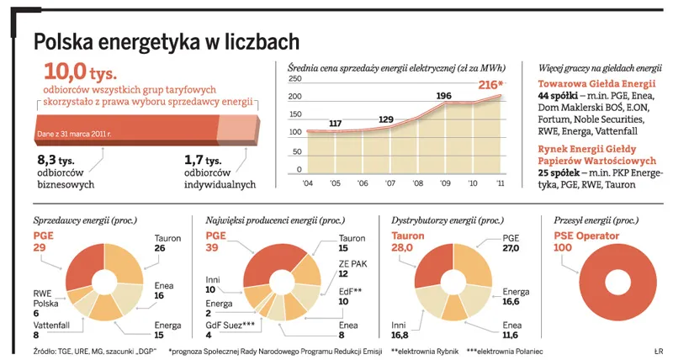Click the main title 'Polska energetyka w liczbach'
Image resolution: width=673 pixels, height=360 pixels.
tap(166, 41)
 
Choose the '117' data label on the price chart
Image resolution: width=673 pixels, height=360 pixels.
tap(335, 124)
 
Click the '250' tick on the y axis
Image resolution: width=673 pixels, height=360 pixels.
tap(295, 79)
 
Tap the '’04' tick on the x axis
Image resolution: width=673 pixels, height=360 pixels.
tap(307, 182)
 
